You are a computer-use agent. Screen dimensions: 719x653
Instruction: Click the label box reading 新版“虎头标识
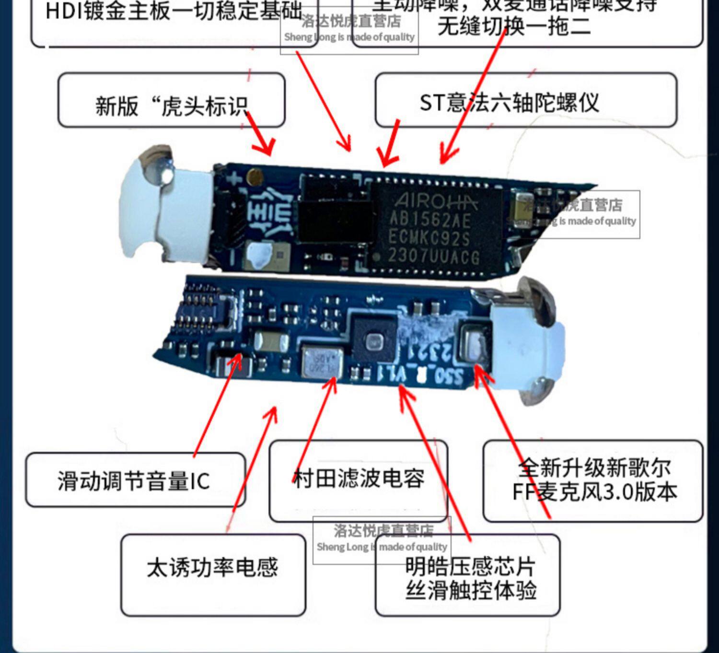point(171,101)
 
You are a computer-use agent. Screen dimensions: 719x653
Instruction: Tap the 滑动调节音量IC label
point(135,480)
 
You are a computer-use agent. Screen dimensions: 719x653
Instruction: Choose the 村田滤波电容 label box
point(359,478)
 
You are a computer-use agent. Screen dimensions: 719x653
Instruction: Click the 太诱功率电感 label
point(212,568)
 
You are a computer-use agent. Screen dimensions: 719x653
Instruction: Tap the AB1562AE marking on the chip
point(430,220)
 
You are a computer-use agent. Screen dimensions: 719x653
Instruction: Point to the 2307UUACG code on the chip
point(433,257)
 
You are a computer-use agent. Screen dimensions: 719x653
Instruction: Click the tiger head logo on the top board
point(269,213)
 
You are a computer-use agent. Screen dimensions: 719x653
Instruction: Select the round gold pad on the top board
point(254,178)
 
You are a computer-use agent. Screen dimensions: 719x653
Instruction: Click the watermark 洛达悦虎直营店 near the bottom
point(383,531)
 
